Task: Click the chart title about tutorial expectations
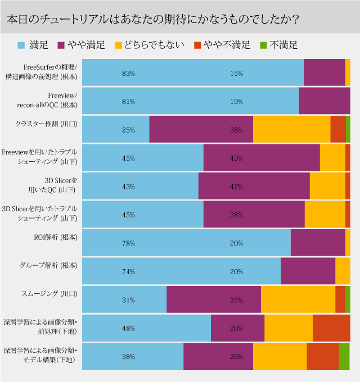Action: click(x=152, y=19)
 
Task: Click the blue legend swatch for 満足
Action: click(x=21, y=44)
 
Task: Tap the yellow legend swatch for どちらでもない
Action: click(x=118, y=44)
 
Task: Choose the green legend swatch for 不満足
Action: click(x=263, y=44)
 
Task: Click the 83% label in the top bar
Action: click(x=128, y=73)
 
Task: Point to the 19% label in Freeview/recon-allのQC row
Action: click(x=236, y=102)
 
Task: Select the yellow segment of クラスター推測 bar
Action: click(x=291, y=130)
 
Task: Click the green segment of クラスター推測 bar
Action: click(x=348, y=130)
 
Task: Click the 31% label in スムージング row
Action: click(x=128, y=300)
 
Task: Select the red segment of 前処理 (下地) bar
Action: click(x=331, y=328)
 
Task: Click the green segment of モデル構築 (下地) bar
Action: click(x=344, y=356)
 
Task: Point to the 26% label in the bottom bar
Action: click(x=236, y=357)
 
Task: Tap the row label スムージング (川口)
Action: click(x=50, y=294)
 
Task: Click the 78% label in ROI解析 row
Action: click(x=128, y=243)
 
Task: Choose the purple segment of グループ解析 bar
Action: click(x=308, y=271)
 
